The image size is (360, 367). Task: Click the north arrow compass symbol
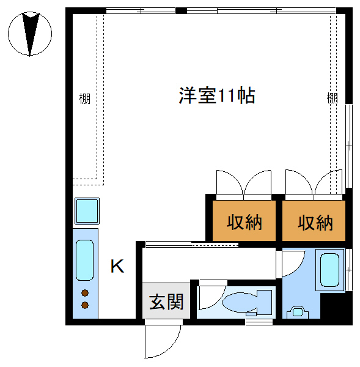coord(30,34)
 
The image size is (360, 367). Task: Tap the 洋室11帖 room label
coord(217,96)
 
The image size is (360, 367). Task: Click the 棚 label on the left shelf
coord(85,98)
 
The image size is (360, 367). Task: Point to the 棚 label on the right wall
coord(332,98)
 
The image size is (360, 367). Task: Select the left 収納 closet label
coord(244,223)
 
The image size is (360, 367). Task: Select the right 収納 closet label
coord(315,223)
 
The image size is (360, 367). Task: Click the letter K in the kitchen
coord(117,266)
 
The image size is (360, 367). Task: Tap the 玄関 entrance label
coord(166,302)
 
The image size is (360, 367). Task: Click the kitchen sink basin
coord(85,260)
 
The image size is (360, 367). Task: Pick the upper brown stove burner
coord(85,293)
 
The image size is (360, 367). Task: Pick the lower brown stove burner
coord(85,305)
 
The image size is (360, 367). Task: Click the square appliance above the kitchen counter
coord(87,211)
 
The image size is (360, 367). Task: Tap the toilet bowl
coord(240,302)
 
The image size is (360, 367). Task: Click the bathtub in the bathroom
coord(329,270)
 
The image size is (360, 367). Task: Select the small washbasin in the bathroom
coord(298,312)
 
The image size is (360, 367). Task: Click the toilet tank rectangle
coord(264,302)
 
